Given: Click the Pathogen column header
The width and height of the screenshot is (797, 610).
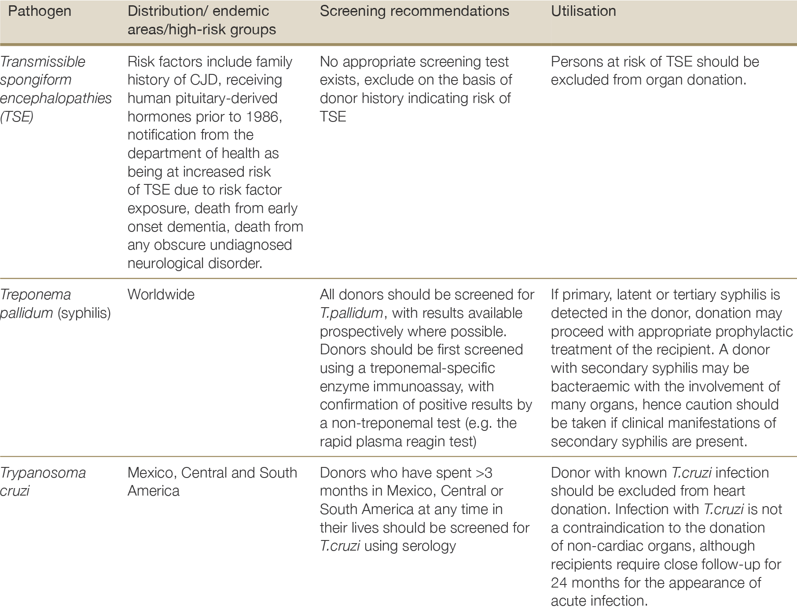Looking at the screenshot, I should tap(40, 11).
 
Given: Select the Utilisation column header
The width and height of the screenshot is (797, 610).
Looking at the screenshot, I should tap(583, 11).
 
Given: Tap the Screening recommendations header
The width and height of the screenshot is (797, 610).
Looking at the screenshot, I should tap(414, 11).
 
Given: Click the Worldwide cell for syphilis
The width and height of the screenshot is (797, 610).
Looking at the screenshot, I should tap(161, 294).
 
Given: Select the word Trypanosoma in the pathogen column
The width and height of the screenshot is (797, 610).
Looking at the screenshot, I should tap(43, 473).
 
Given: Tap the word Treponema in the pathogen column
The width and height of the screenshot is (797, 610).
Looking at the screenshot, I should tap(36, 294).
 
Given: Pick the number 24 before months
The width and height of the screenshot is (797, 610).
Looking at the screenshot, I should tap(559, 583).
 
